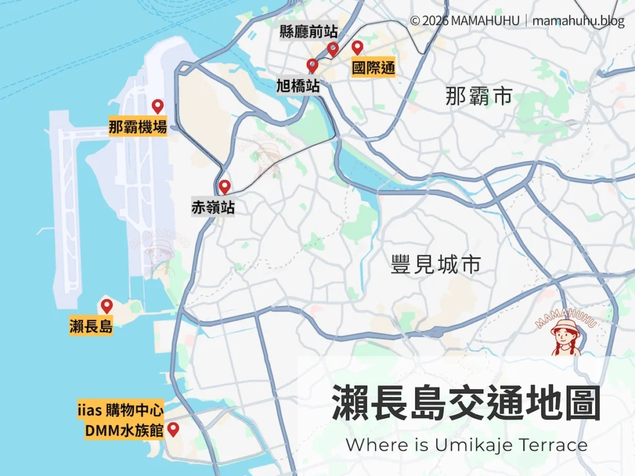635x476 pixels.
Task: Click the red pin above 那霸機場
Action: pyautogui.click(x=158, y=106)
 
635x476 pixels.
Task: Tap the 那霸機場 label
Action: pyautogui.click(x=138, y=128)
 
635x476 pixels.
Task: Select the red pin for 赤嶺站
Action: pyautogui.click(x=224, y=186)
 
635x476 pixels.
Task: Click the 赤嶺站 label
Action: pyautogui.click(x=213, y=208)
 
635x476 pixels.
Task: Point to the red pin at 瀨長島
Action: pyautogui.click(x=107, y=306)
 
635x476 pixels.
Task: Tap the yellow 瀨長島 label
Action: pyautogui.click(x=91, y=327)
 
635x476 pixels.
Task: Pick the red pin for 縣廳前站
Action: pyautogui.click(x=333, y=48)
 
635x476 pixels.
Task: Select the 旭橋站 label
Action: pyautogui.click(x=298, y=86)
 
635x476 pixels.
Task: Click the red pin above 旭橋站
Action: pyautogui.click(x=313, y=65)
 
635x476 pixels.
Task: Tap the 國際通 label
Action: pyautogui.click(x=373, y=68)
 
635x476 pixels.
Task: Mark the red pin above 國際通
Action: pyautogui.click(x=357, y=48)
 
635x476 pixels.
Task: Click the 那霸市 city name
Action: pyautogui.click(x=479, y=96)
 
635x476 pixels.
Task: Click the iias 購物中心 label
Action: pyautogui.click(x=120, y=410)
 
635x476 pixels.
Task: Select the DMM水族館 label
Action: pyautogui.click(x=124, y=429)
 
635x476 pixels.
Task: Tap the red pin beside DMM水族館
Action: pyautogui.click(x=174, y=428)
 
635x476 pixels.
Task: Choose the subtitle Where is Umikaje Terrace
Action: pyautogui.click(x=466, y=445)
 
